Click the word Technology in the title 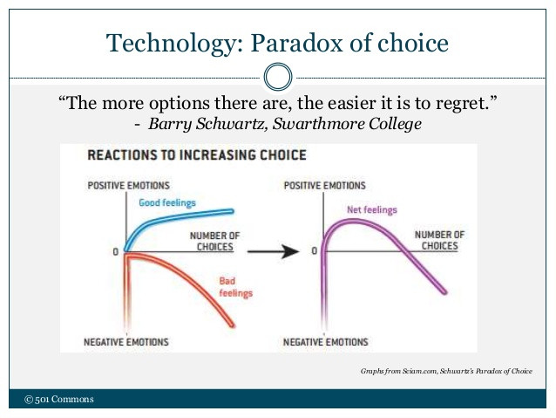(x=174, y=44)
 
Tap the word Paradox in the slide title (x=297, y=43)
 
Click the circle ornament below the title (x=278, y=77)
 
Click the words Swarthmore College (x=347, y=124)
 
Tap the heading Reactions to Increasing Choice (x=197, y=155)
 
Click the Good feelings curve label (x=167, y=202)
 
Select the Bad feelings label (x=235, y=287)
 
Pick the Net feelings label (x=372, y=210)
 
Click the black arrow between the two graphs (x=273, y=251)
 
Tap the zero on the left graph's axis (x=116, y=252)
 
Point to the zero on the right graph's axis (x=315, y=251)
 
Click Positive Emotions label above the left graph (x=128, y=185)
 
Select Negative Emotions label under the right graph (x=326, y=342)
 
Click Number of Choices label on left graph (x=215, y=241)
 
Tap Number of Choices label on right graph (x=440, y=240)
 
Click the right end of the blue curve (x=233, y=211)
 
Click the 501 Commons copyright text (x=59, y=399)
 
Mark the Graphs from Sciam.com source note (x=446, y=371)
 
